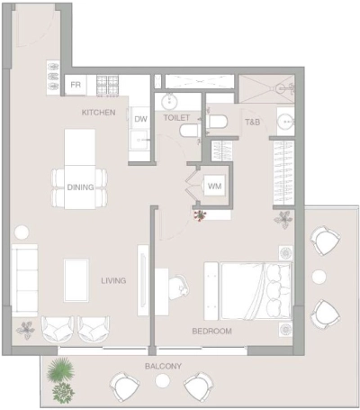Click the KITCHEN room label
[x=99, y=113]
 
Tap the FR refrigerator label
[x=76, y=86]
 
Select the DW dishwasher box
[x=140, y=120]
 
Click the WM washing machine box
[x=214, y=186]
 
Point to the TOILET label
[x=177, y=118]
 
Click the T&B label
[x=253, y=122]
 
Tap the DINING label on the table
[x=80, y=187]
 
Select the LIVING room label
[x=114, y=280]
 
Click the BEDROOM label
[x=212, y=332]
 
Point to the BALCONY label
[x=164, y=366]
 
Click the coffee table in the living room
[x=76, y=278]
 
